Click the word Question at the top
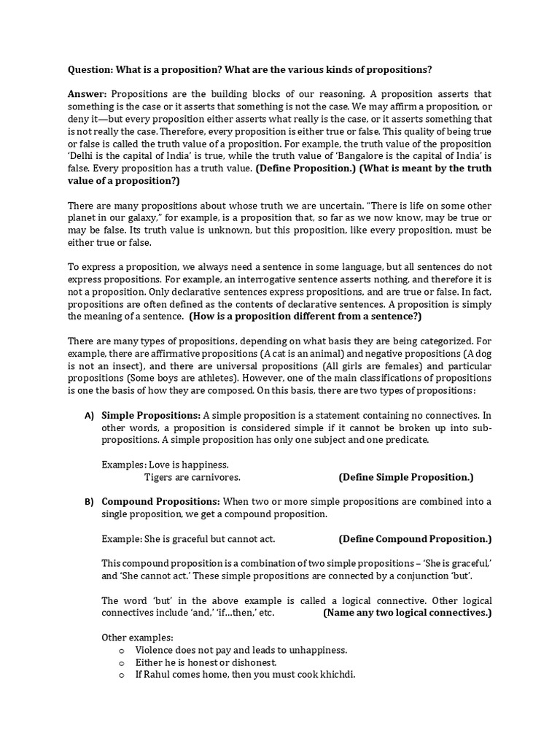click(90, 69)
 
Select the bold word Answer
click(87, 95)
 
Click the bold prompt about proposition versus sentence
click(305, 317)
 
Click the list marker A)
click(89, 416)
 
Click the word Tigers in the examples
click(158, 477)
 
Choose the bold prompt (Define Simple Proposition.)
click(406, 477)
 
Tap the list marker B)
click(89, 503)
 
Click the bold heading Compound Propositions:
click(160, 502)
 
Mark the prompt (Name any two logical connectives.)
click(407, 613)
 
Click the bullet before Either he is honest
click(122, 662)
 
